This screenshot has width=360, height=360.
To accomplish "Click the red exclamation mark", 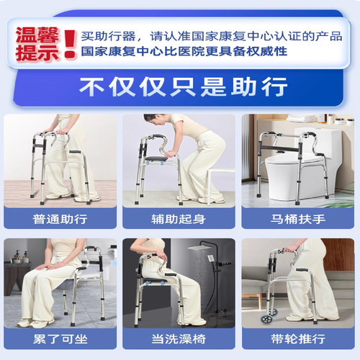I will point(69,43).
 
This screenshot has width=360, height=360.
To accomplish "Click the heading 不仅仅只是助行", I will point(179,86).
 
